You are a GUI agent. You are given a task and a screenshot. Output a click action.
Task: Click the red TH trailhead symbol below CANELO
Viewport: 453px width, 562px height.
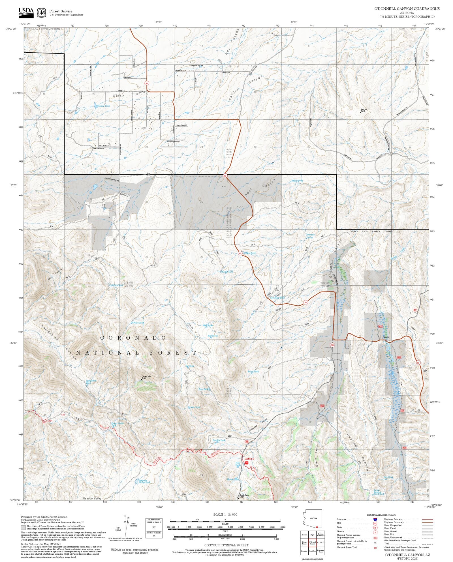[x=247, y=463]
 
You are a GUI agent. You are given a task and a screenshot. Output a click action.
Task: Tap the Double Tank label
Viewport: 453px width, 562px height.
[x=219, y=440]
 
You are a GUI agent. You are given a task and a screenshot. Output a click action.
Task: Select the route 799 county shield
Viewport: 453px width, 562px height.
[x=332, y=345]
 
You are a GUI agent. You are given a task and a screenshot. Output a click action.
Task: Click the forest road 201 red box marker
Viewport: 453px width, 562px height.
[x=402, y=410]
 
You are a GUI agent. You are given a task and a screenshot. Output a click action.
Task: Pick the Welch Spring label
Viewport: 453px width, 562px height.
[x=297, y=181]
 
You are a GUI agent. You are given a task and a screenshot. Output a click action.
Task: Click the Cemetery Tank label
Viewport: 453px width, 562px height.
[x=277, y=298]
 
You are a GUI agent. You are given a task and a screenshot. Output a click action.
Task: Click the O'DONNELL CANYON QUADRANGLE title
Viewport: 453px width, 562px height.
[x=407, y=9]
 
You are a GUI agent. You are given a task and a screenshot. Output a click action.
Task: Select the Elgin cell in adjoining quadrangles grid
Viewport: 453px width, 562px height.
[x=312, y=535]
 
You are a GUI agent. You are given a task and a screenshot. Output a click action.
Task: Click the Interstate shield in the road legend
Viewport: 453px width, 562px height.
[x=375, y=520]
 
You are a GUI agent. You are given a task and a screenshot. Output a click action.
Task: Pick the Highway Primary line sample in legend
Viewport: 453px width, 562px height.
[x=427, y=520]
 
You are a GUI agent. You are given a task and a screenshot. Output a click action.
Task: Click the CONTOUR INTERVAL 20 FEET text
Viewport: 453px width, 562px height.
[x=226, y=545]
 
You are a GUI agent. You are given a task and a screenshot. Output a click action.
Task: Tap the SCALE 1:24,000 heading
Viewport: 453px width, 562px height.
[x=225, y=514]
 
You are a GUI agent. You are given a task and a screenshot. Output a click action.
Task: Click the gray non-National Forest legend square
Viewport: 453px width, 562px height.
[x=23, y=527]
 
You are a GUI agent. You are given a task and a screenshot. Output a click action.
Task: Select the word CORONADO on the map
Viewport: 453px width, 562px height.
[x=133, y=338]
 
